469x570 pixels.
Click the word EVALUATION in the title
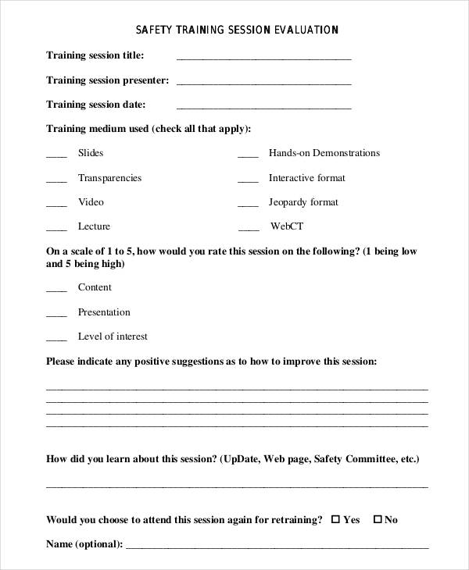(306, 30)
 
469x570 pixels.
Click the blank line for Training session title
(263, 59)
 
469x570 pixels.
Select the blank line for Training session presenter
(263, 83)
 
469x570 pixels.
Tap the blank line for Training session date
(263, 107)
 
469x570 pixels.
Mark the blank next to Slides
(56, 156)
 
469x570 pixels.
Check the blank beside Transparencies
(56, 180)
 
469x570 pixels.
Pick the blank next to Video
(56, 205)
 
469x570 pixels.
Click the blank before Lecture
(56, 229)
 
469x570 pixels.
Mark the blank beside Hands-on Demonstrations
(248, 156)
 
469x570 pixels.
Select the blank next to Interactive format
(248, 180)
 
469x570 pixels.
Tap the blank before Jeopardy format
(248, 205)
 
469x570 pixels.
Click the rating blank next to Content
(56, 290)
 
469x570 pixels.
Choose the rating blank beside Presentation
(56, 315)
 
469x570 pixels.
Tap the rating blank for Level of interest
(56, 339)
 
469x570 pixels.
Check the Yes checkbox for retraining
(336, 519)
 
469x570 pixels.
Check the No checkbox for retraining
(378, 519)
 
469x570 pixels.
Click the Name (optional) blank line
(277, 547)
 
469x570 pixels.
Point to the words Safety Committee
(353, 459)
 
